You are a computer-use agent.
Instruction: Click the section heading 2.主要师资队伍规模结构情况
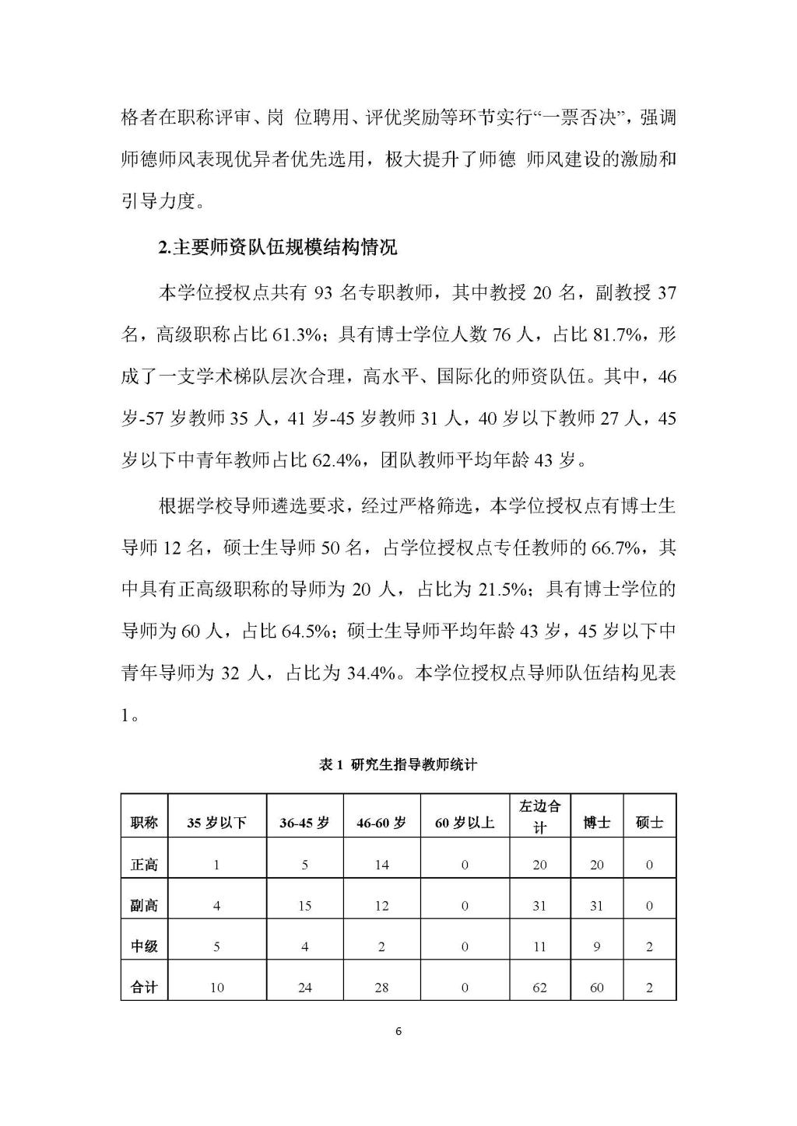(277, 248)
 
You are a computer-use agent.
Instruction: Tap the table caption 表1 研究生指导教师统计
(398, 764)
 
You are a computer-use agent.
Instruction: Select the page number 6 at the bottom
(398, 1032)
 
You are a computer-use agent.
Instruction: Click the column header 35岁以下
(216, 823)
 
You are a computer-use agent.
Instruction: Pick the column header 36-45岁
(304, 823)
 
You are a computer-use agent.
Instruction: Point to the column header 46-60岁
(381, 823)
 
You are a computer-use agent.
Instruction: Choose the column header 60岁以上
(465, 823)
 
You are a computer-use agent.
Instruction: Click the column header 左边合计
(539, 816)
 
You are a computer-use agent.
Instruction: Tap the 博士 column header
(597, 823)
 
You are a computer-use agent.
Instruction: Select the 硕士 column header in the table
(649, 823)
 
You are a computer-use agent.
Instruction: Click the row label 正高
(144, 865)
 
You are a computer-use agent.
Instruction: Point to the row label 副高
(144, 906)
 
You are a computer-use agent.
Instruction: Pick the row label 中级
(144, 946)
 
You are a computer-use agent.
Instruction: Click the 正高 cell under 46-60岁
(381, 865)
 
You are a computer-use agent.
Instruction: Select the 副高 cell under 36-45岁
(304, 906)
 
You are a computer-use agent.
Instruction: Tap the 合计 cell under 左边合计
(539, 988)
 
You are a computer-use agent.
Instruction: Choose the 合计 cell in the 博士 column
(597, 988)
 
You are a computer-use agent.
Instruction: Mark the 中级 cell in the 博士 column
(597, 946)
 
